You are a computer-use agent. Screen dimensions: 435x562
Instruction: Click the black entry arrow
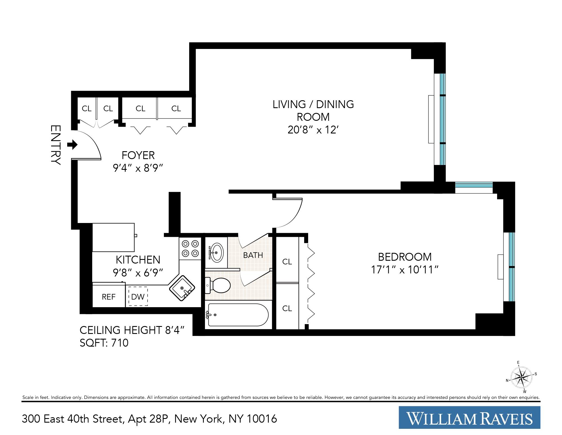coord(73,145)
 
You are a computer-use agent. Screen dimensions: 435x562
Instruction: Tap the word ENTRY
coord(55,145)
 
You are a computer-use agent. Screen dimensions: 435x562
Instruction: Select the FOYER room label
coord(138,155)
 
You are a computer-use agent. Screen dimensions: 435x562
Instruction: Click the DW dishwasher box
coord(138,296)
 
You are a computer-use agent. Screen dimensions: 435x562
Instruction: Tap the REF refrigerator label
coord(109,297)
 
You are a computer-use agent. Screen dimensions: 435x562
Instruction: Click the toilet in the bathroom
coord(219,285)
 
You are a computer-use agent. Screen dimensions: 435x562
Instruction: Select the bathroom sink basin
coord(216,253)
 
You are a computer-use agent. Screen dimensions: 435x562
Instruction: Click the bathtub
coord(238,315)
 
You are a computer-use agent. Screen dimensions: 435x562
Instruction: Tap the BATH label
coord(253,255)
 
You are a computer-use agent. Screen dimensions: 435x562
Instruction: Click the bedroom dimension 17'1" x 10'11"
coord(405,270)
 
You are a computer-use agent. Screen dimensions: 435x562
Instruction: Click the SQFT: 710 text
coord(104,343)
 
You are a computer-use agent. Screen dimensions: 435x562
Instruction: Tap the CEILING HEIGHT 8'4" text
coord(132,330)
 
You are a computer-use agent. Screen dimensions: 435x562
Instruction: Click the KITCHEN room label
coord(138,259)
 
